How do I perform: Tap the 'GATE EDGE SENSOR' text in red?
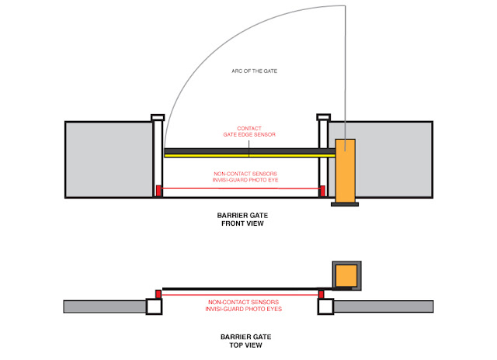point(244,135)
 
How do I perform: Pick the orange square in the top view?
point(347,275)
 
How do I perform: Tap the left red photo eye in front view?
point(159,190)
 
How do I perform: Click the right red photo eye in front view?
point(321,190)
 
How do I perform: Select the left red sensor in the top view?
point(159,293)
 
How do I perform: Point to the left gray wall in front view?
point(107,160)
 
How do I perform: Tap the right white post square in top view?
point(325,306)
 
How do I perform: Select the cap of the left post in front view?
point(158,118)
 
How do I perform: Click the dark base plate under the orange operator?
point(345,204)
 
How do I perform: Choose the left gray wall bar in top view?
point(104,306)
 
